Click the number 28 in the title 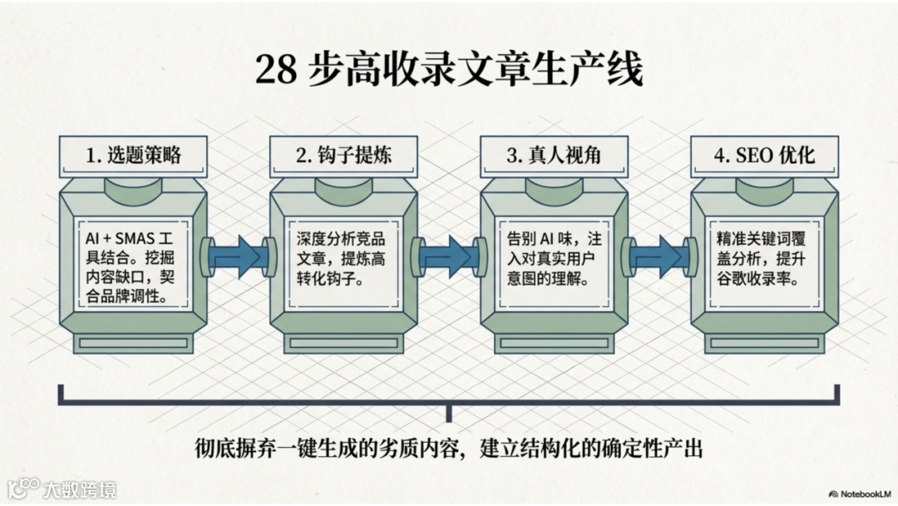pyautogui.click(x=275, y=71)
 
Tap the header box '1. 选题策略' pyautogui.click(x=133, y=155)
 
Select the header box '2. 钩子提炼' pyautogui.click(x=343, y=155)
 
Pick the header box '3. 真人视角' pyautogui.click(x=554, y=155)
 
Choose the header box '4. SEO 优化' pyautogui.click(x=764, y=155)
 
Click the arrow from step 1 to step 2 pyautogui.click(x=238, y=255)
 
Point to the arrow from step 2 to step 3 pyautogui.click(x=449, y=255)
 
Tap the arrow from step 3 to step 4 pyautogui.click(x=659, y=255)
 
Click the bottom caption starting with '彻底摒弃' pyautogui.click(x=448, y=449)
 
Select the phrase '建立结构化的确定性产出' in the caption pyautogui.click(x=592, y=449)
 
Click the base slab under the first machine pyautogui.click(x=133, y=343)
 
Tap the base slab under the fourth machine pyautogui.click(x=764, y=343)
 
